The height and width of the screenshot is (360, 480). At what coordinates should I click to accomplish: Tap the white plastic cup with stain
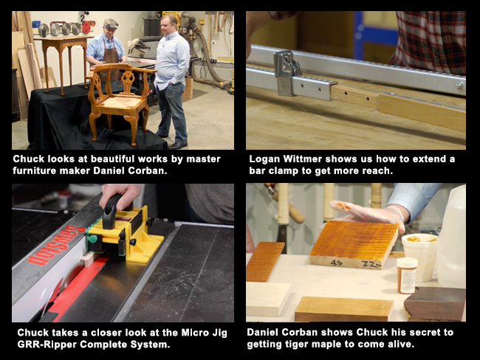[419, 255]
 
